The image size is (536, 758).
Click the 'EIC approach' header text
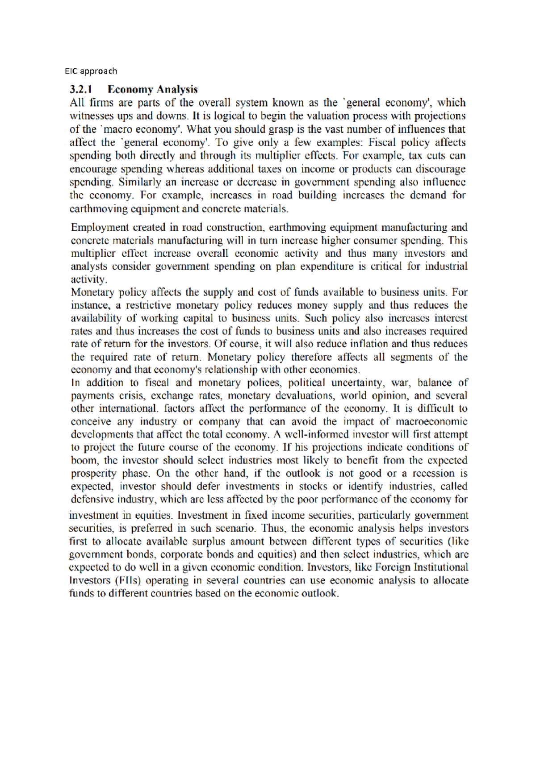(x=91, y=71)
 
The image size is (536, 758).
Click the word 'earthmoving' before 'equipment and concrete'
(x=99, y=208)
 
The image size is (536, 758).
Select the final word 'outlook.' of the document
(x=320, y=594)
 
